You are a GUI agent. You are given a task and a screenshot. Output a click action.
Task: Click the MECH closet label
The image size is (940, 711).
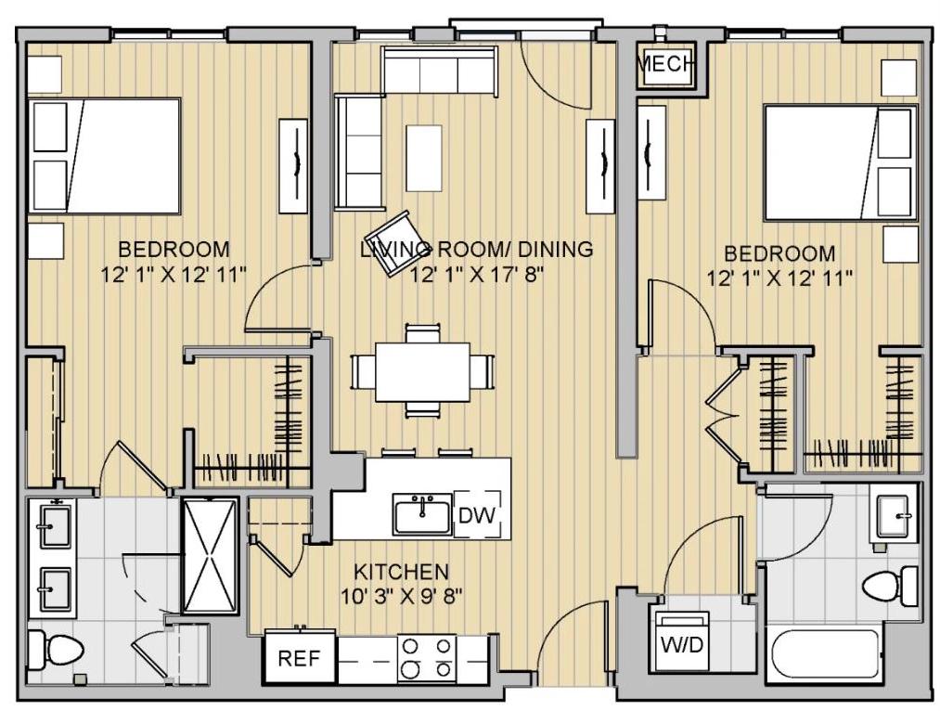pos(664,63)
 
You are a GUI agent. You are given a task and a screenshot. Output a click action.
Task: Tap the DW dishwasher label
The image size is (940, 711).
pos(477,515)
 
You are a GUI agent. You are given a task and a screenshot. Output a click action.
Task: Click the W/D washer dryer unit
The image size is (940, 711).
pos(683,641)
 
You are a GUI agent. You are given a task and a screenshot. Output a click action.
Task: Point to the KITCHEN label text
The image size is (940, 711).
pos(401,572)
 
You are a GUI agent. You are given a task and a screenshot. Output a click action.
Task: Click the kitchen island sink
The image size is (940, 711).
pos(422,514)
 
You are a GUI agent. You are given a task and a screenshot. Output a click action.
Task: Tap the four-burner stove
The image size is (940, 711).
pos(426,658)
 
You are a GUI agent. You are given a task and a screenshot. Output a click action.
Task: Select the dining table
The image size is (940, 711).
pos(422,371)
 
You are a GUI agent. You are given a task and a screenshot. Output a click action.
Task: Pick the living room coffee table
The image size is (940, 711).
pos(424,159)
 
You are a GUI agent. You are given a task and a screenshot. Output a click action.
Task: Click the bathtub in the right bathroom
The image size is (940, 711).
pos(825,656)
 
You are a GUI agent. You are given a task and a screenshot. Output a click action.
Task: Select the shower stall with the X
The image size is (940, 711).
pos(211,556)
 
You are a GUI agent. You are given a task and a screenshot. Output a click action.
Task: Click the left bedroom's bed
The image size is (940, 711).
pos(104,157)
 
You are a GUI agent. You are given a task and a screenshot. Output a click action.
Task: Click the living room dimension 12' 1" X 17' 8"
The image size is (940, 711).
pos(477,275)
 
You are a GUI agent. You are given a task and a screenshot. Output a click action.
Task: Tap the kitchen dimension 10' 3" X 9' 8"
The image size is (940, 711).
pos(402,597)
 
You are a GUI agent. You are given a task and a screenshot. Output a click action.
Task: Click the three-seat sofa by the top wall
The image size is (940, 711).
pos(440,73)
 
